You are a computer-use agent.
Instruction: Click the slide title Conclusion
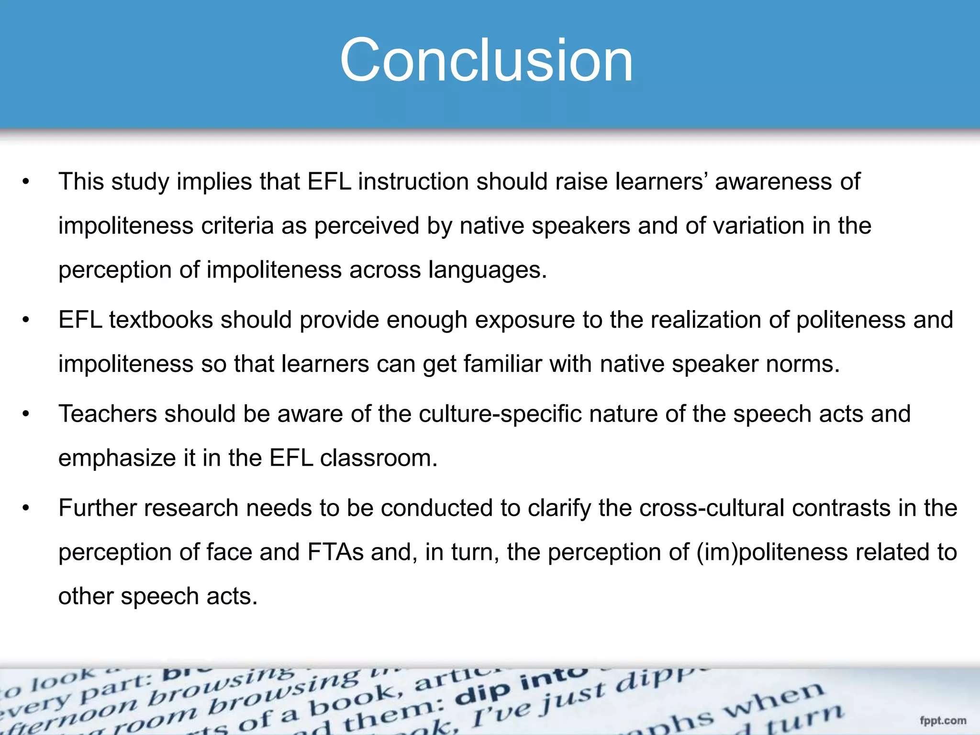(x=486, y=61)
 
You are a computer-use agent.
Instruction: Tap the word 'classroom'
(x=379, y=458)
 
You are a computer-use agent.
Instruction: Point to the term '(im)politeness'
(x=772, y=553)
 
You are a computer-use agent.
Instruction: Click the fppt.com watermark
(x=943, y=721)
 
